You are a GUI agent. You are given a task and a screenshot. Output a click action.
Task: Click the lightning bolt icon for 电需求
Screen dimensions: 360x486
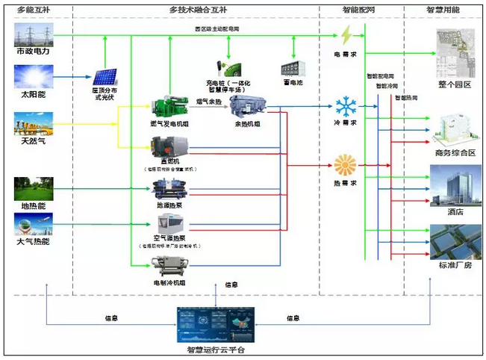349,36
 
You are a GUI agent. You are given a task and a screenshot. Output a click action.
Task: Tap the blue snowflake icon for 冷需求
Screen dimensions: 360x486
346,105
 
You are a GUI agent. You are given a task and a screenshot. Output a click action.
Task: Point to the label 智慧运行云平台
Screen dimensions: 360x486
216,350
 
